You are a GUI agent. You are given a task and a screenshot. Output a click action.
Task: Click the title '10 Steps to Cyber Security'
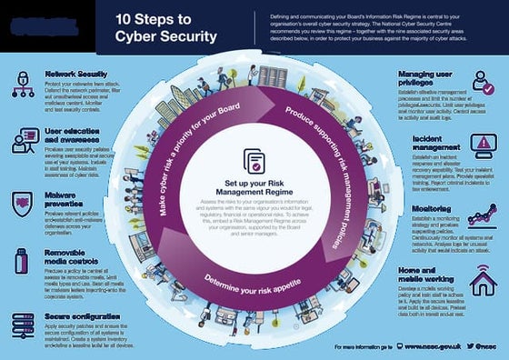click(x=165, y=28)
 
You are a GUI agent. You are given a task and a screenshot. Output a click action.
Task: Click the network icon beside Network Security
click(x=23, y=85)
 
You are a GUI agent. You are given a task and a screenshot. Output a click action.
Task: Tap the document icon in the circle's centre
click(x=254, y=160)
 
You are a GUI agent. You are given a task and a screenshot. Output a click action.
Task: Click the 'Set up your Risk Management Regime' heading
click(x=254, y=186)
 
